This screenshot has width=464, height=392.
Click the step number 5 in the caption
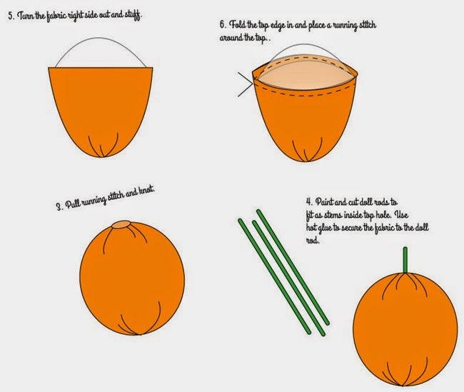[x=11, y=16]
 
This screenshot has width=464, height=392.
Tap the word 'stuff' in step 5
[x=133, y=14]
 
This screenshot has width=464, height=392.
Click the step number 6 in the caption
[x=222, y=24]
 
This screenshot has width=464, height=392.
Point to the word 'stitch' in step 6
[x=367, y=25]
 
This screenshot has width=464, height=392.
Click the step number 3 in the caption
[x=59, y=206]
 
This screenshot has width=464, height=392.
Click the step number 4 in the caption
[x=309, y=202]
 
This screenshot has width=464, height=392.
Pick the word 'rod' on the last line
[x=312, y=241]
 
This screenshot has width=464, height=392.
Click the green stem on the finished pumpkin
[x=405, y=260]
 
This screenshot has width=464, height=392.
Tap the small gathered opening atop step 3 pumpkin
[x=121, y=224]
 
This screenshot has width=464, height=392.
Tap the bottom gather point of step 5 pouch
[x=101, y=156]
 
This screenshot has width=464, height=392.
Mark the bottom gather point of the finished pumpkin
[x=403, y=385]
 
